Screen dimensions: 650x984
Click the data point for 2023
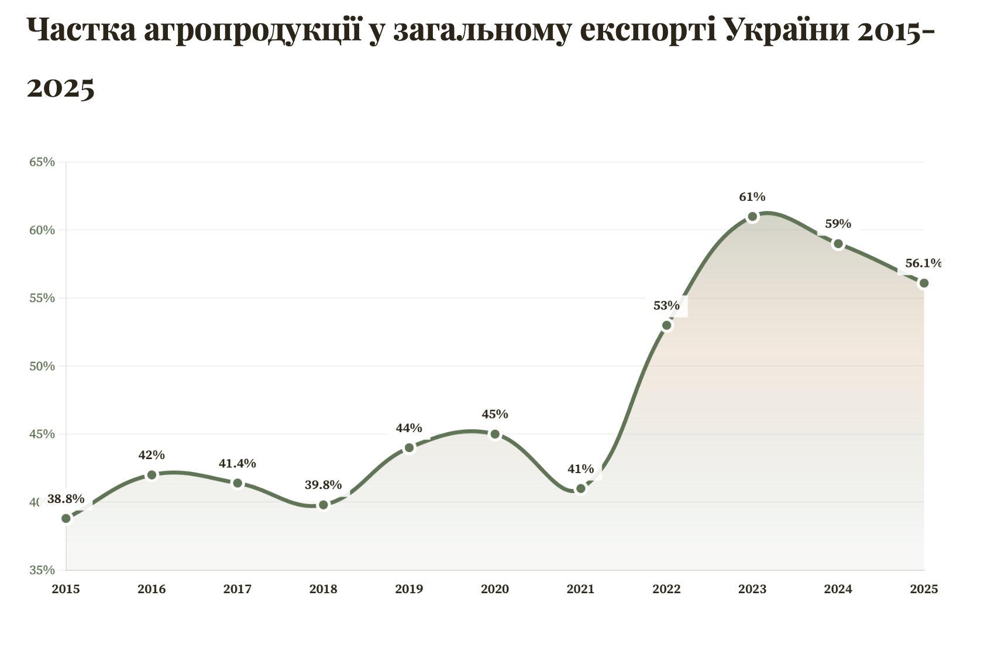752,217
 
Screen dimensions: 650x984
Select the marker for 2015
66,518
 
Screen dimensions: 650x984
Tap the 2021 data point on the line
580,488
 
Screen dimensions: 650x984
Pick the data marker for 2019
409,448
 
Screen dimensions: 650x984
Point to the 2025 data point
924,283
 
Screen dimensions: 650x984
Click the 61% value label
752,197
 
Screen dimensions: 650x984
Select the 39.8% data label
323,485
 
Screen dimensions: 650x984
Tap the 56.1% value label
923,264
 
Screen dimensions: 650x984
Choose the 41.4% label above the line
237,463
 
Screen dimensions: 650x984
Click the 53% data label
666,305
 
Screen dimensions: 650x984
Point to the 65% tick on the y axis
42,162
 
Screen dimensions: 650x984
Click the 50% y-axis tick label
42,367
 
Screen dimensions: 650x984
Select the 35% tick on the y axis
42,570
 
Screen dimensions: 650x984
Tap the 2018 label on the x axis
323,589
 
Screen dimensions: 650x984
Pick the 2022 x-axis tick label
666,589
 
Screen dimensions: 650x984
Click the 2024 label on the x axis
838,589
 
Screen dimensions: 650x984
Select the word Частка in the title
81,30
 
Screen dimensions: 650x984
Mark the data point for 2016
152,475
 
